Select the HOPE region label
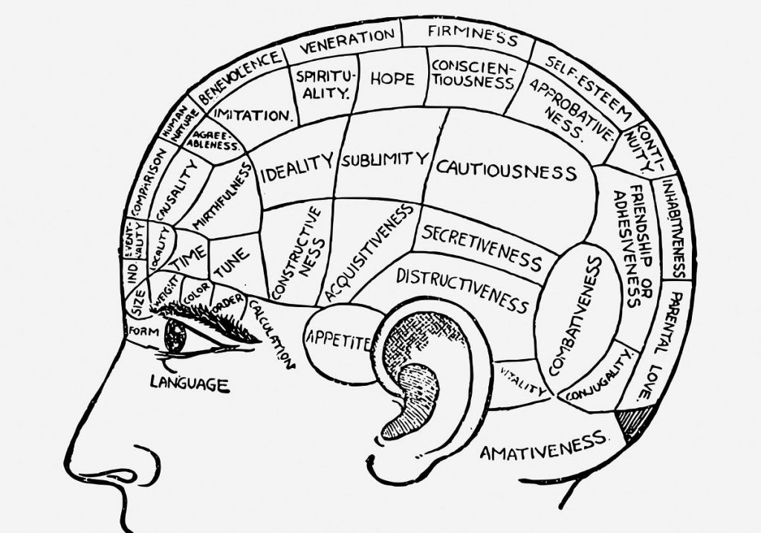click(x=392, y=78)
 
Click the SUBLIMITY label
click(x=385, y=159)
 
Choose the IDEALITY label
click(x=296, y=168)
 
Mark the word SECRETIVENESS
click(x=482, y=247)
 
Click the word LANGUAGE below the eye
click(x=189, y=384)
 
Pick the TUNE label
click(x=231, y=262)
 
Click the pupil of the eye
click(x=176, y=336)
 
